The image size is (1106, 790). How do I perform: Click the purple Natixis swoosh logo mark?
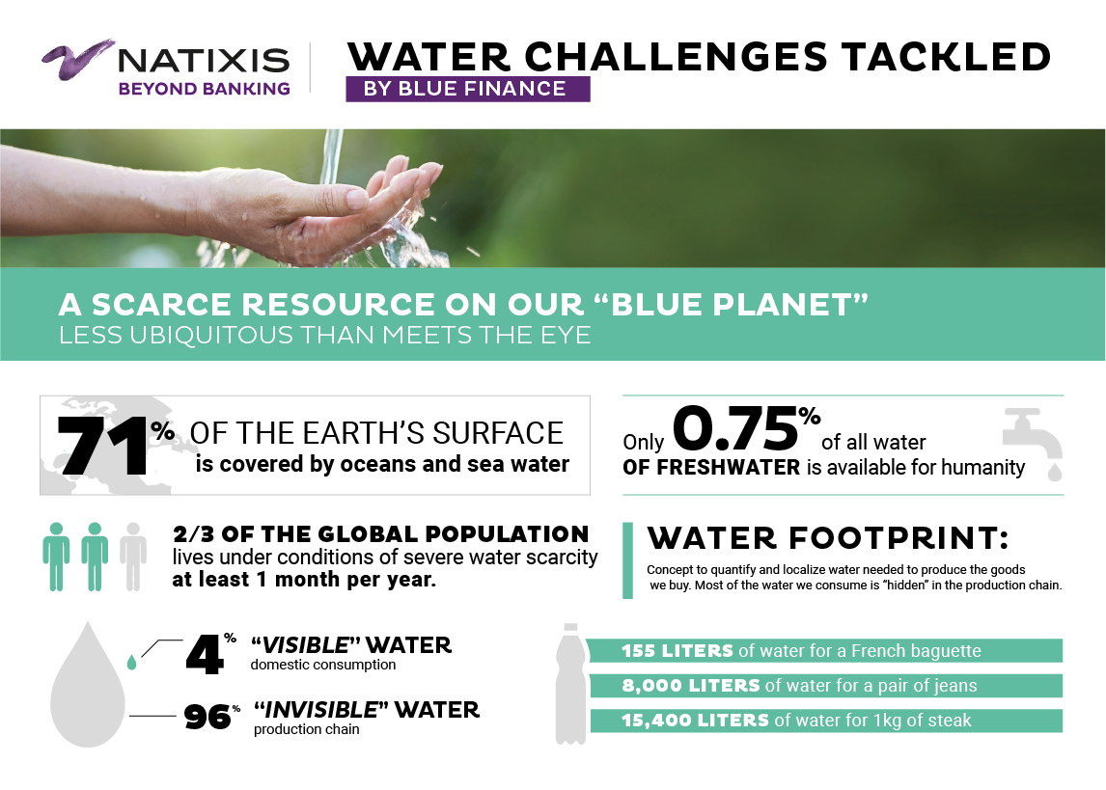[x=76, y=59]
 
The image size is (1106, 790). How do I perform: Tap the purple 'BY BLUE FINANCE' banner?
[x=468, y=89]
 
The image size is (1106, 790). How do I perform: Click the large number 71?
[x=103, y=446]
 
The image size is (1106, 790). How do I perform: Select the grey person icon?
[x=132, y=556]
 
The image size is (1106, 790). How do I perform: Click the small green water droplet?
[x=131, y=662]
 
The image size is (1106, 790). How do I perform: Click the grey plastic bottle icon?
[x=570, y=684]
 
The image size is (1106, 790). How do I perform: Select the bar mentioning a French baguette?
[x=825, y=650]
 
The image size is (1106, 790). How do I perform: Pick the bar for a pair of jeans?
[x=825, y=686]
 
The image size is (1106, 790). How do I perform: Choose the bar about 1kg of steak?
[x=825, y=721]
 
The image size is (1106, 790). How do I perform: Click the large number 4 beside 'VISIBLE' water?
[x=205, y=655]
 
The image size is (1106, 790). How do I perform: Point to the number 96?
[x=207, y=718]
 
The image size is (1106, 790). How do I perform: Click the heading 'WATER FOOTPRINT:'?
[x=828, y=538]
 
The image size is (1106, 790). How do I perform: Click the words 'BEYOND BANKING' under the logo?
[x=204, y=89]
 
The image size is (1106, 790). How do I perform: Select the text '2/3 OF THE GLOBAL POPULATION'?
[x=381, y=534]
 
